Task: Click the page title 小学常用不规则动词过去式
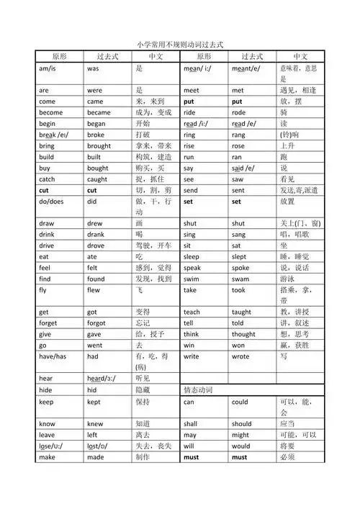click(180, 45)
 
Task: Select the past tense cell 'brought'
click(99, 145)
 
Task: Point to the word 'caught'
click(98, 179)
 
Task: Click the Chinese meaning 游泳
click(287, 279)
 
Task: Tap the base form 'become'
click(51, 113)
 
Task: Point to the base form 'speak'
click(192, 268)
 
